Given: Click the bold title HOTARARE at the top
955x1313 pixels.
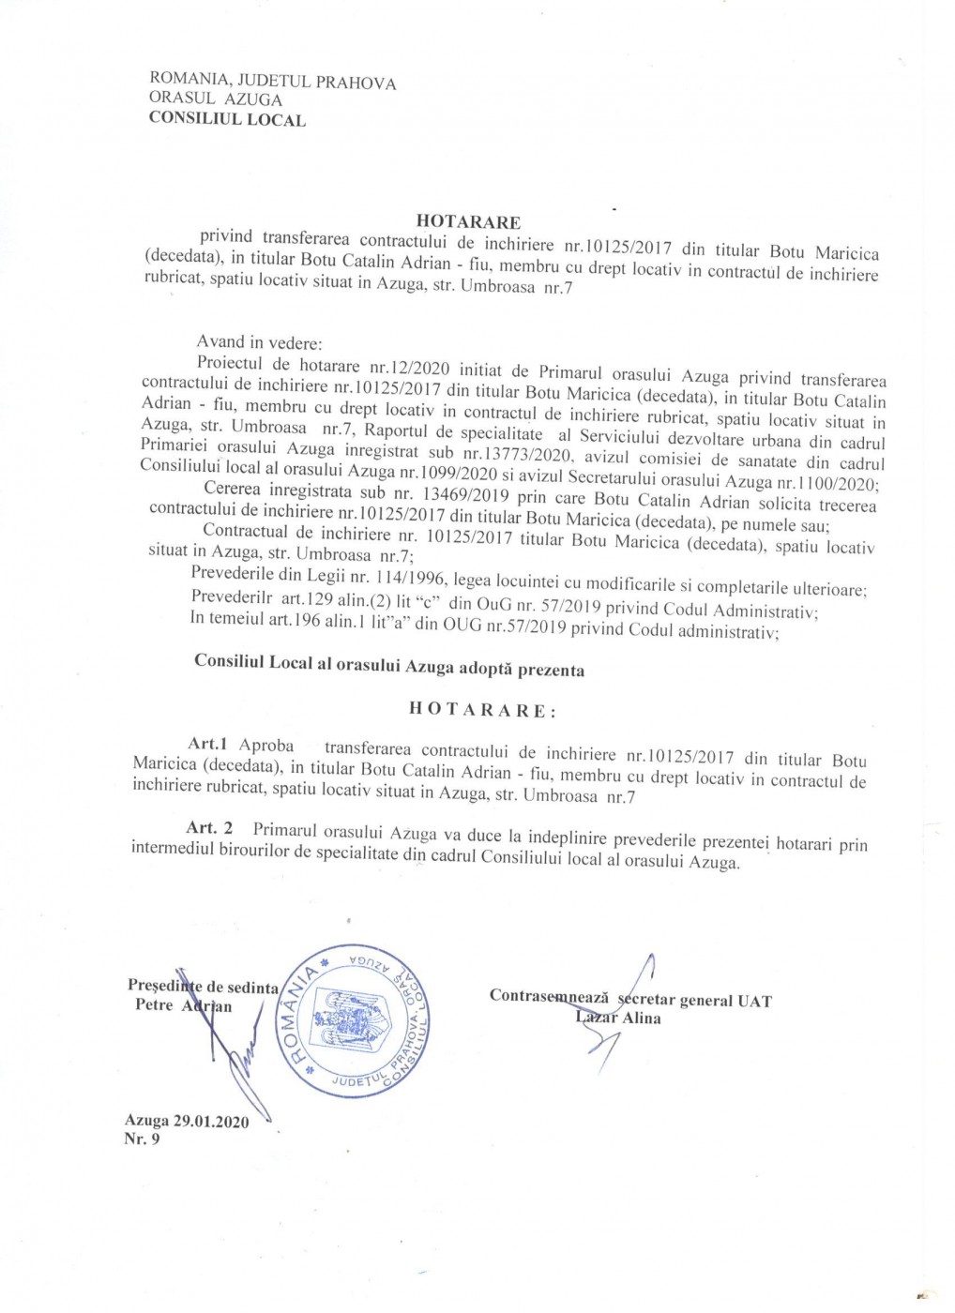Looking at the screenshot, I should [x=468, y=222].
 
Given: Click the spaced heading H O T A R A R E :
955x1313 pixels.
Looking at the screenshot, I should [x=482, y=710].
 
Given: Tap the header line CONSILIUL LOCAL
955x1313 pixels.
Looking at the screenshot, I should [x=227, y=119].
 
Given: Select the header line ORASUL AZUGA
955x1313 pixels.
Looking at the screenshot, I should [x=216, y=98].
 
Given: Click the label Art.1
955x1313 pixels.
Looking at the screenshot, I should [x=207, y=744].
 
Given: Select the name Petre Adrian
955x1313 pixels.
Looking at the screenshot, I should [x=183, y=1006].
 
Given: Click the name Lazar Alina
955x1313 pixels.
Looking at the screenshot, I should [x=618, y=1018].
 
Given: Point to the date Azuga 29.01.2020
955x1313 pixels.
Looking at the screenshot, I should [x=187, y=1121].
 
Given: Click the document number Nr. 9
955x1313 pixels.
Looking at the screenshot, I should [x=142, y=1139].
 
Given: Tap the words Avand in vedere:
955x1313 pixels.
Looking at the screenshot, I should [x=259, y=342].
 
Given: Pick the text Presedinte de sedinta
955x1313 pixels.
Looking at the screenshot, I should [x=203, y=987].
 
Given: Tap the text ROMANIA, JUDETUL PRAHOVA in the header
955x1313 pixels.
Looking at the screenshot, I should [x=272, y=81].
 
